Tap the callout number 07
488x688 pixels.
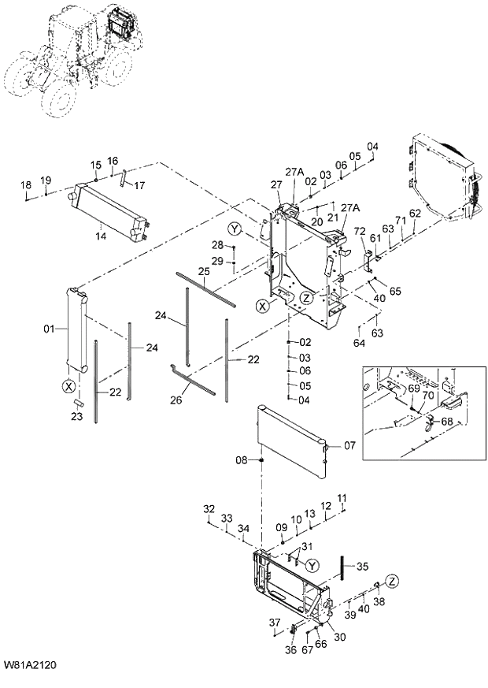coord(350,445)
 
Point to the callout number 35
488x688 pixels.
coord(362,566)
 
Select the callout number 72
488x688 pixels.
coord(360,231)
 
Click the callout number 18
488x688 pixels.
coord(26,185)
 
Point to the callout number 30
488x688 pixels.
coord(340,636)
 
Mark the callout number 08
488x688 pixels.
coord(243,459)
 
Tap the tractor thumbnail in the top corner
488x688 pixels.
coord(75,51)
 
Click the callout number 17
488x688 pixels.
coord(139,186)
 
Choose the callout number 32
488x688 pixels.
coord(209,507)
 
